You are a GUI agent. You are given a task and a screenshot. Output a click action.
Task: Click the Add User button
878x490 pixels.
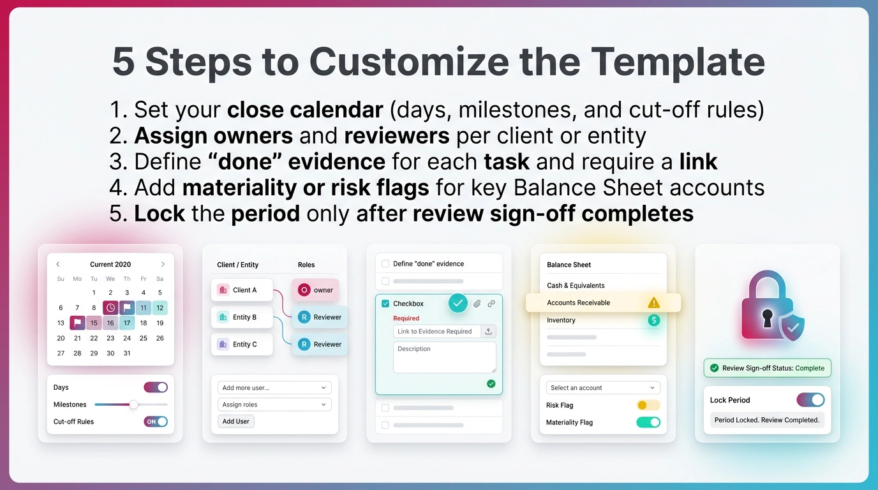click(236, 421)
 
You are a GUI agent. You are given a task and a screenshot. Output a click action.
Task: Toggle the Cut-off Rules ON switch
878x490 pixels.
click(156, 422)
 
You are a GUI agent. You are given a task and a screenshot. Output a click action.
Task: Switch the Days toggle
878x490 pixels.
click(156, 387)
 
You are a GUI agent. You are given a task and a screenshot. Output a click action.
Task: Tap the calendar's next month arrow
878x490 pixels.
click(163, 264)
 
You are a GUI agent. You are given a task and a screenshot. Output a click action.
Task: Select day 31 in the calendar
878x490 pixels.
click(127, 353)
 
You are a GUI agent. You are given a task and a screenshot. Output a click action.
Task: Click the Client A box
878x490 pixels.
click(242, 290)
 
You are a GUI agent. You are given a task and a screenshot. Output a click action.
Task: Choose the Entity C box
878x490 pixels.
click(242, 344)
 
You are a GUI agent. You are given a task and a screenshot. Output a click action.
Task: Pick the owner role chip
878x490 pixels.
click(315, 290)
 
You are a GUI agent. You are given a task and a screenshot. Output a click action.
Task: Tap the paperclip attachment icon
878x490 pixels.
click(477, 304)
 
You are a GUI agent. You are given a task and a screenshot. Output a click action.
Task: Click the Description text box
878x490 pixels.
click(444, 357)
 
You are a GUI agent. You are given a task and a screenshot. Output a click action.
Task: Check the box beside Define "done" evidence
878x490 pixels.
click(385, 264)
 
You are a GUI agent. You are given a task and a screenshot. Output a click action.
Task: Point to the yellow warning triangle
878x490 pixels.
click(653, 303)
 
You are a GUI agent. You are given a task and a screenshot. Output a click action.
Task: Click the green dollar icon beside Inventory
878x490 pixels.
click(653, 320)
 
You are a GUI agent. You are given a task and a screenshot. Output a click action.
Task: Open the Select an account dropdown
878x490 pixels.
click(602, 388)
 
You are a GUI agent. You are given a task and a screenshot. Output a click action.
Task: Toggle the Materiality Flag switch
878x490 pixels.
click(648, 422)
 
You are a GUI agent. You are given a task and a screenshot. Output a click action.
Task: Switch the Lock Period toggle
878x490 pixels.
click(810, 400)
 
